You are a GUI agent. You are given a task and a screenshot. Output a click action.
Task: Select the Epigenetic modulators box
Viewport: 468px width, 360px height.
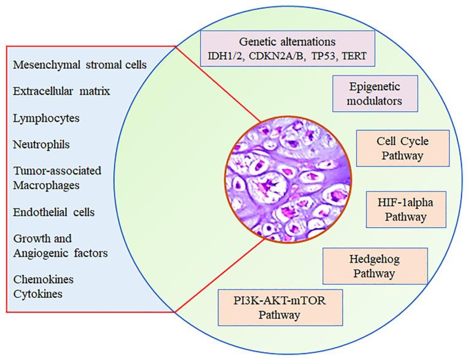point(370,93)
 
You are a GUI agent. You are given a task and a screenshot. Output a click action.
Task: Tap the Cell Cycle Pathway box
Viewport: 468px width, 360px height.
point(394,147)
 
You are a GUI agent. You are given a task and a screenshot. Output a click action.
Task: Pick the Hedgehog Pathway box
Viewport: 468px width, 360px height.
point(374,265)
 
